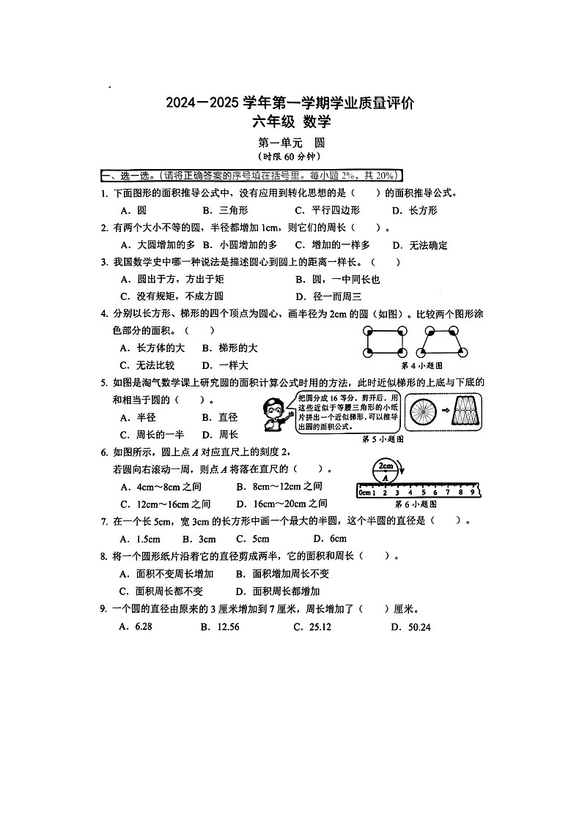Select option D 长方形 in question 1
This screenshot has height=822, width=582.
[415, 211]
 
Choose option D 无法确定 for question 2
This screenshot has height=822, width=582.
[420, 245]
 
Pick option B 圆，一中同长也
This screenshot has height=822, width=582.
[338, 279]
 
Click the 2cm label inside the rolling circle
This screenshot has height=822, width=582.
[386, 466]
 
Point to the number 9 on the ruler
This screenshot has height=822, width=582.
[472, 493]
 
